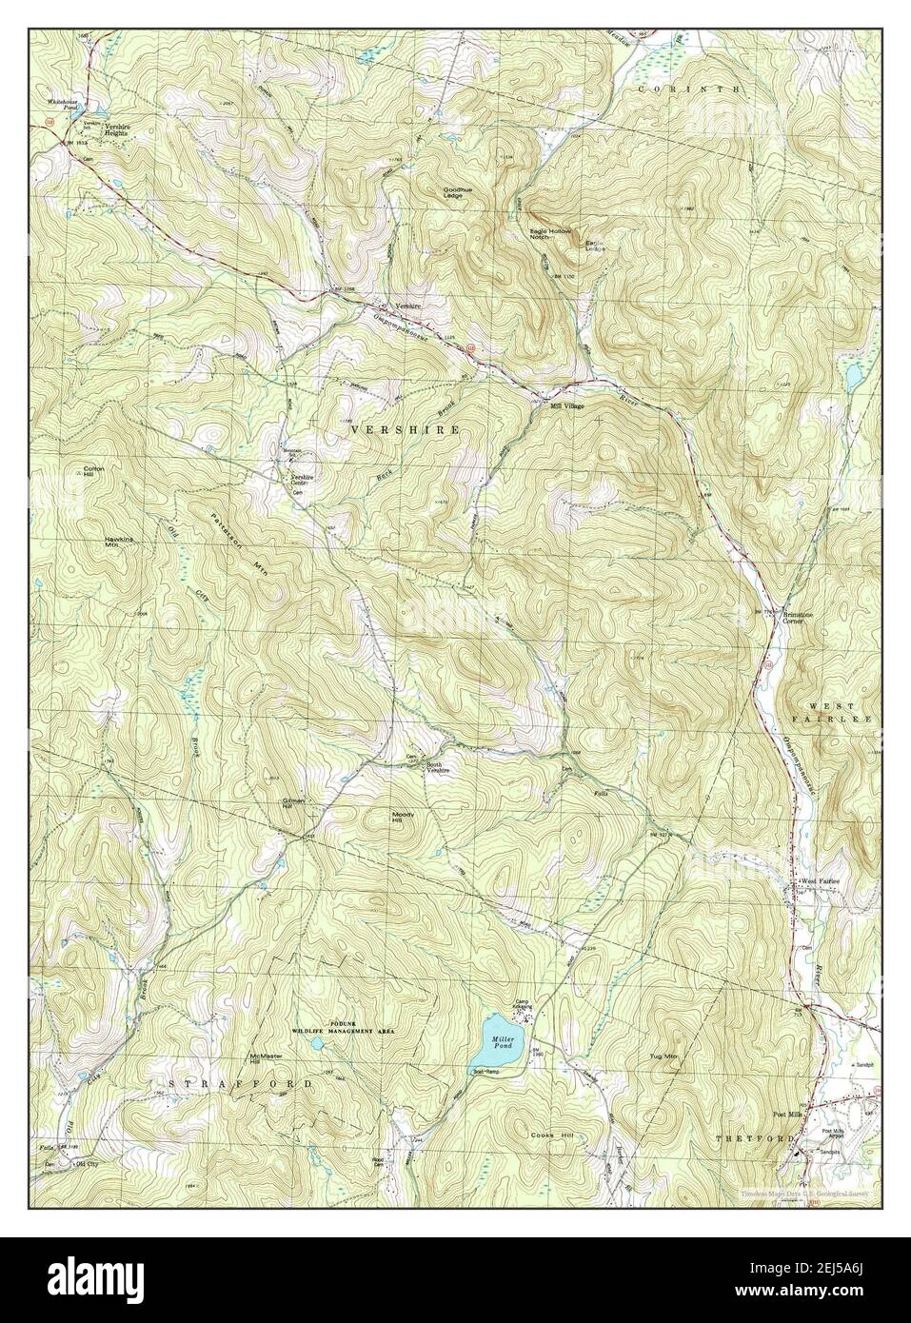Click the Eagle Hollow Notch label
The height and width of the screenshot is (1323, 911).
[x=549, y=233]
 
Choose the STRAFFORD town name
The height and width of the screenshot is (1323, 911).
[x=241, y=1084]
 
